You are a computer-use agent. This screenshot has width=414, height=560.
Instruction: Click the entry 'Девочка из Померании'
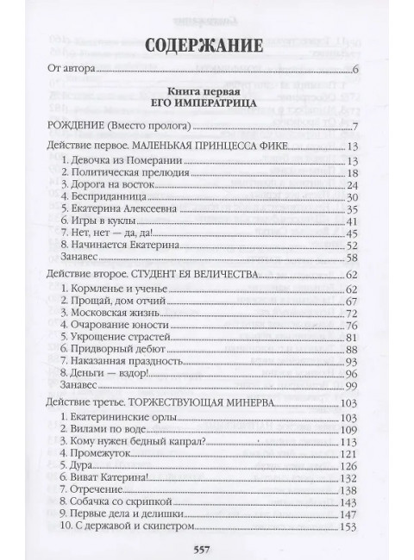pyautogui.click(x=116, y=161)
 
